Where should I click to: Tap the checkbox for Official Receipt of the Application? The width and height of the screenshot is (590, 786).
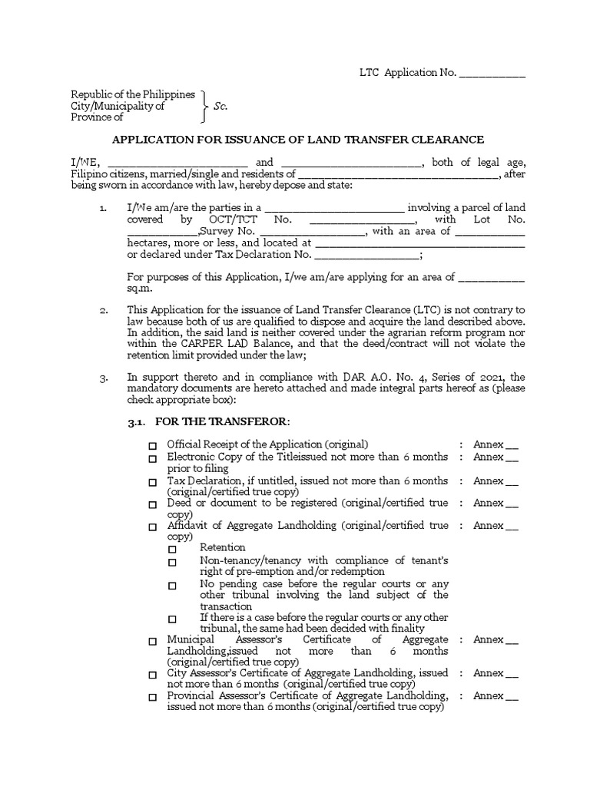[152, 446]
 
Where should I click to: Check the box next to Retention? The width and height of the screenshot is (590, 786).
[172, 549]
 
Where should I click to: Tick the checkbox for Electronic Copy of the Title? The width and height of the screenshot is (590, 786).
[152, 459]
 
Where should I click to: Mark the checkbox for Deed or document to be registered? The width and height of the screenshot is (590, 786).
[152, 505]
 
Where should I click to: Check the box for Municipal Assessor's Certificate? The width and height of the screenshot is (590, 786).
[152, 641]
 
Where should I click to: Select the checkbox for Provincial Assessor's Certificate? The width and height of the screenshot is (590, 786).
[152, 698]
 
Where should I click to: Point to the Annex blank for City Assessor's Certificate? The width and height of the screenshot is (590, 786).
[512, 675]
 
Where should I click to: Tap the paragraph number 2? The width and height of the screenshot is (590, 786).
[104, 310]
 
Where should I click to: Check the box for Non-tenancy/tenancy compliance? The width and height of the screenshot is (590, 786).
[172, 563]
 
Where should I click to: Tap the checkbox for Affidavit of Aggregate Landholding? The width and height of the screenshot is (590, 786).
[152, 528]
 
